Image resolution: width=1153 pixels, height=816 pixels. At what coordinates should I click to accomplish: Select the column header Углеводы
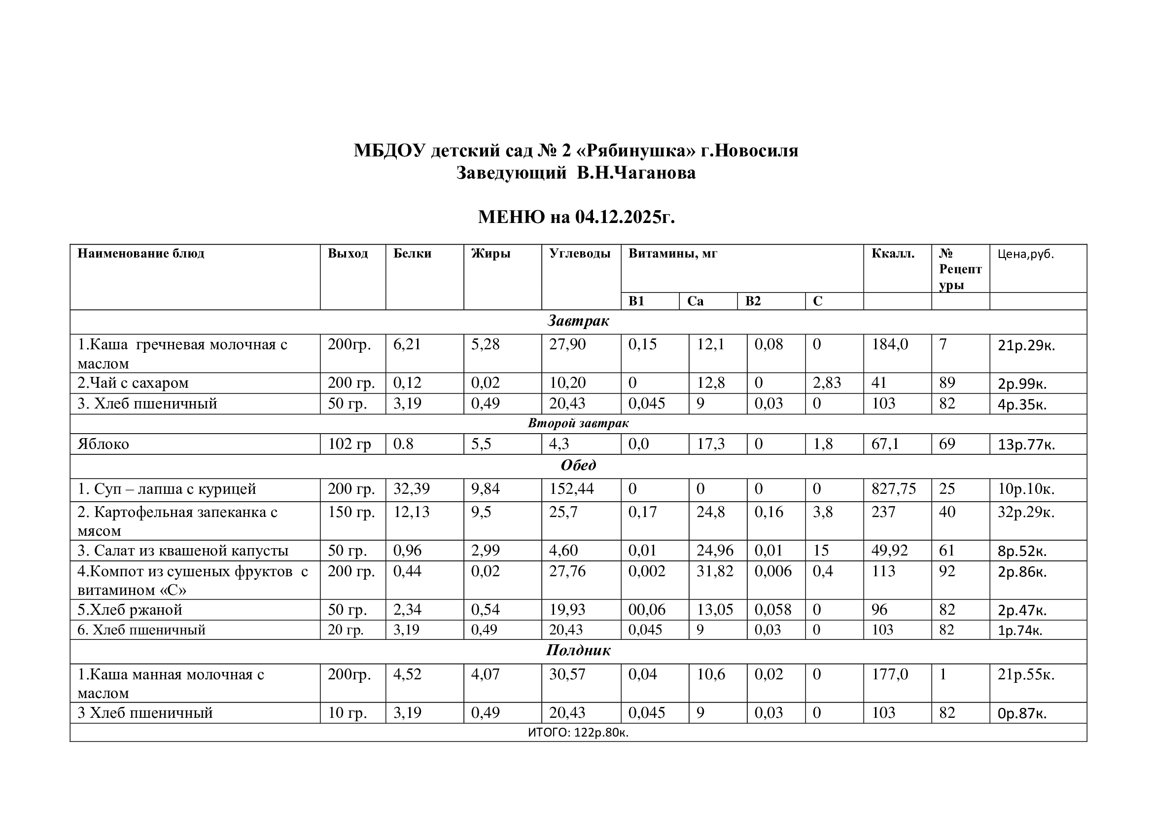(580, 253)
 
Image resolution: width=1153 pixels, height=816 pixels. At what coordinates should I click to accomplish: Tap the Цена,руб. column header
(1025, 254)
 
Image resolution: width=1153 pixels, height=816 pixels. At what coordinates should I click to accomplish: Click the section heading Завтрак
(578, 321)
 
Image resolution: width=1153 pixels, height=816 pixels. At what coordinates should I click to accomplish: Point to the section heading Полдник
(578, 651)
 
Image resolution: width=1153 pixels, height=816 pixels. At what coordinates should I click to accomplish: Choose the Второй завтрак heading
(578, 423)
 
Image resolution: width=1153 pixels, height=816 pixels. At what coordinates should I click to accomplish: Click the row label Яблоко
(104, 444)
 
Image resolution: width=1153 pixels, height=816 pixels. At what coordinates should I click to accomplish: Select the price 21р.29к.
(1026, 346)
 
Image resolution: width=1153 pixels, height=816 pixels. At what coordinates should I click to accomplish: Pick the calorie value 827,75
(893, 489)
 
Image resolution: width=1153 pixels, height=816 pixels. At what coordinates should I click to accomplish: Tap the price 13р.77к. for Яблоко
(1026, 445)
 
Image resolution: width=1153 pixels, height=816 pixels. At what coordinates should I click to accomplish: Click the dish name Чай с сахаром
(133, 383)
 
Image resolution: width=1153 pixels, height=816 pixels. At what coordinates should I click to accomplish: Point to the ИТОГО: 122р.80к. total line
(578, 733)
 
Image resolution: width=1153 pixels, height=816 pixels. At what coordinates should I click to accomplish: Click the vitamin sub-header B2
(753, 301)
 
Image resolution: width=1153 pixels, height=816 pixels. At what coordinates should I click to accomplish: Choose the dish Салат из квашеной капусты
(183, 551)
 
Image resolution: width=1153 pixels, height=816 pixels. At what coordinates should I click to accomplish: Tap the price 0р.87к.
(1022, 713)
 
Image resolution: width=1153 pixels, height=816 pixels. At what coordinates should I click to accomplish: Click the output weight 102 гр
(349, 444)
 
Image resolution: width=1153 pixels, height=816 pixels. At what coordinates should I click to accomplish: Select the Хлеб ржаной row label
(130, 610)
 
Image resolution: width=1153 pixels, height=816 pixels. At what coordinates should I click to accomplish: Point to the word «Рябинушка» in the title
(637, 150)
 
